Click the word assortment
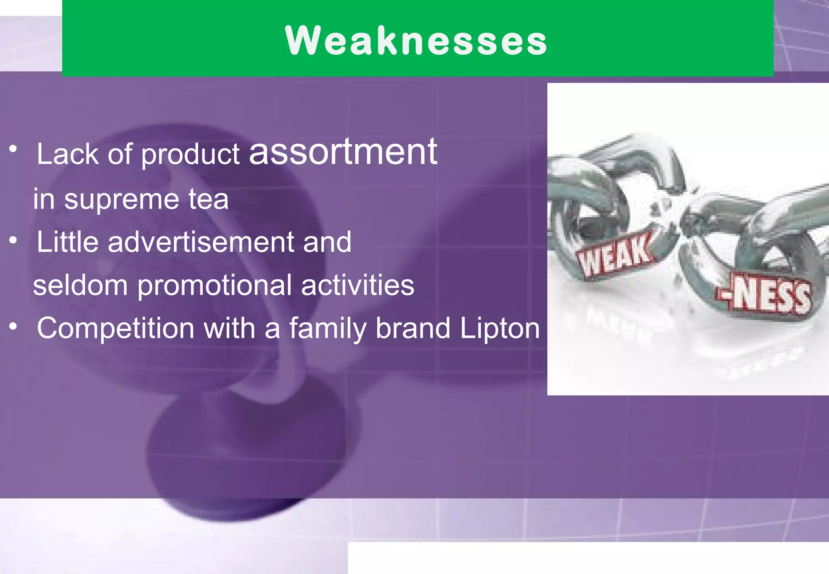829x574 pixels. click(x=343, y=152)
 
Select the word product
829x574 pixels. click(x=190, y=155)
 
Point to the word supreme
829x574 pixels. click(x=121, y=200)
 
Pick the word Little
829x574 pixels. click(x=68, y=242)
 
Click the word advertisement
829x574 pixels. click(x=201, y=242)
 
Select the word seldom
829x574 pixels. click(x=80, y=285)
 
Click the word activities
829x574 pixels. click(x=357, y=285)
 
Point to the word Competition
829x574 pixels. click(x=115, y=328)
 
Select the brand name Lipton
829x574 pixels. click(x=500, y=329)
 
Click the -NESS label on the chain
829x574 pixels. click(x=765, y=294)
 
